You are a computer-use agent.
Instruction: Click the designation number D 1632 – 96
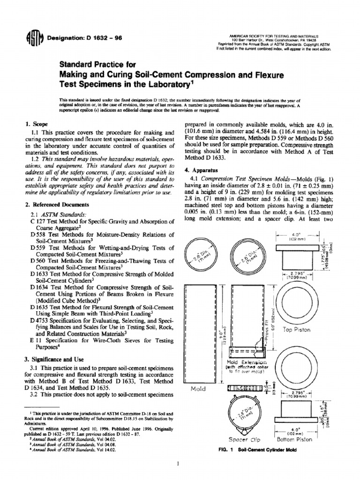(84, 38)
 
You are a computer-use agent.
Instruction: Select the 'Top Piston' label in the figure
(296, 330)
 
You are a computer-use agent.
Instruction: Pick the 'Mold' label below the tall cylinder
(199, 389)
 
